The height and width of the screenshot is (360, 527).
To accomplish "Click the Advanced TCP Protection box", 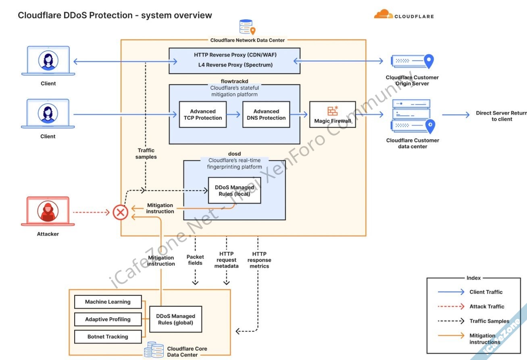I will (203, 115).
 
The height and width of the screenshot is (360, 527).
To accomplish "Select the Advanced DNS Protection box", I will (266, 115).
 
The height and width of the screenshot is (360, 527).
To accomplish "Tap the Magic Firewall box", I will (333, 115).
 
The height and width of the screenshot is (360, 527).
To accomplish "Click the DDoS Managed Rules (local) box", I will (234, 190).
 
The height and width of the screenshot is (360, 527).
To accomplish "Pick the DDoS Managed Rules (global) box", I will (175, 319).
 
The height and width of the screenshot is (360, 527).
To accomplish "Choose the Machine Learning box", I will (108, 302).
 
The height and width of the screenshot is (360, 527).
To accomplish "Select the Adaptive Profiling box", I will (108, 319).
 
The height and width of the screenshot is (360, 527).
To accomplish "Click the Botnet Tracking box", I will (108, 337).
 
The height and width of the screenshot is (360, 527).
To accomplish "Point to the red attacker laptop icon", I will (48, 211).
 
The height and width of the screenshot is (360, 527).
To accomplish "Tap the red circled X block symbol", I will (120, 212).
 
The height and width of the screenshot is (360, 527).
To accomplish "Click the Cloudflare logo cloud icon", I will (383, 15).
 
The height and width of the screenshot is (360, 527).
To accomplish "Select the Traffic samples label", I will (146, 153).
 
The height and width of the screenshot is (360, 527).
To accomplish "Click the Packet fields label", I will (195, 260).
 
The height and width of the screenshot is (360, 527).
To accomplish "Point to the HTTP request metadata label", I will (227, 260).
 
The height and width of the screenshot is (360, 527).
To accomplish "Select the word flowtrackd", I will (234, 81).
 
